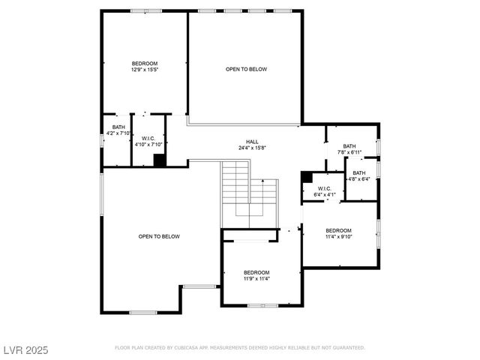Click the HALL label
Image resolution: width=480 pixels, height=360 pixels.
pyautogui.click(x=252, y=142)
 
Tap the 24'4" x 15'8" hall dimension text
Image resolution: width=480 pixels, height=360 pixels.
pyautogui.click(x=252, y=148)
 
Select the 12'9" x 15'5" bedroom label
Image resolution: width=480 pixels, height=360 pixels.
pyautogui.click(x=145, y=66)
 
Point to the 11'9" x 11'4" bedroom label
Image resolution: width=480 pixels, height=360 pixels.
pyautogui.click(x=256, y=275)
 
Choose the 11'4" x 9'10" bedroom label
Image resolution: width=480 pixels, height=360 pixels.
pyautogui.click(x=338, y=233)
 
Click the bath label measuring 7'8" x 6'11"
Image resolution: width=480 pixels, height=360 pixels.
pyautogui.click(x=349, y=149)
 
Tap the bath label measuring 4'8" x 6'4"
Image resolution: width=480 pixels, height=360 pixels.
pyautogui.click(x=359, y=175)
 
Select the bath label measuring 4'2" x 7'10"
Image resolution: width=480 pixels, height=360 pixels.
pyautogui.click(x=118, y=130)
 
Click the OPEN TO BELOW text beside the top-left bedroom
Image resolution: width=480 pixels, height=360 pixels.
pyautogui.click(x=246, y=69)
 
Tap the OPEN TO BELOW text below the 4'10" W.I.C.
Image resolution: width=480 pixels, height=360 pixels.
pyautogui.click(x=159, y=236)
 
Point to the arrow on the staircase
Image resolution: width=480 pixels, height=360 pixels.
pyautogui.click(x=263, y=182)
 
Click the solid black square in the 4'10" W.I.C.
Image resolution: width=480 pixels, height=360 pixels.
pyautogui.click(x=159, y=160)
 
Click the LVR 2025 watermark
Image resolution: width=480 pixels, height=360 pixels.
pyautogui.click(x=25, y=349)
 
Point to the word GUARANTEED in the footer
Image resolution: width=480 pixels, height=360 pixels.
pyautogui.click(x=349, y=348)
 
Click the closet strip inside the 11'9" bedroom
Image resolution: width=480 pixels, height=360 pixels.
pyautogui.click(x=250, y=241)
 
